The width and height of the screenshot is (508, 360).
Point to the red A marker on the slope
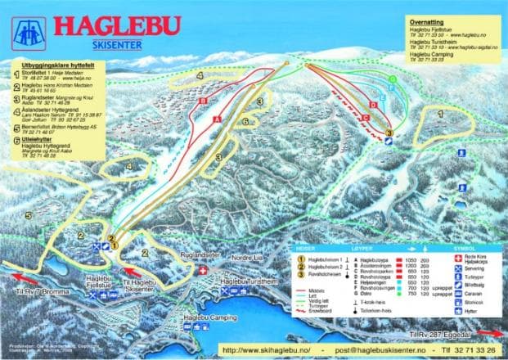(x=218, y=119)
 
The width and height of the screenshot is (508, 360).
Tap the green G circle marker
(x=393, y=80)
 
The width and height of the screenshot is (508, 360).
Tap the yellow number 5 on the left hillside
(x=29, y=215)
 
